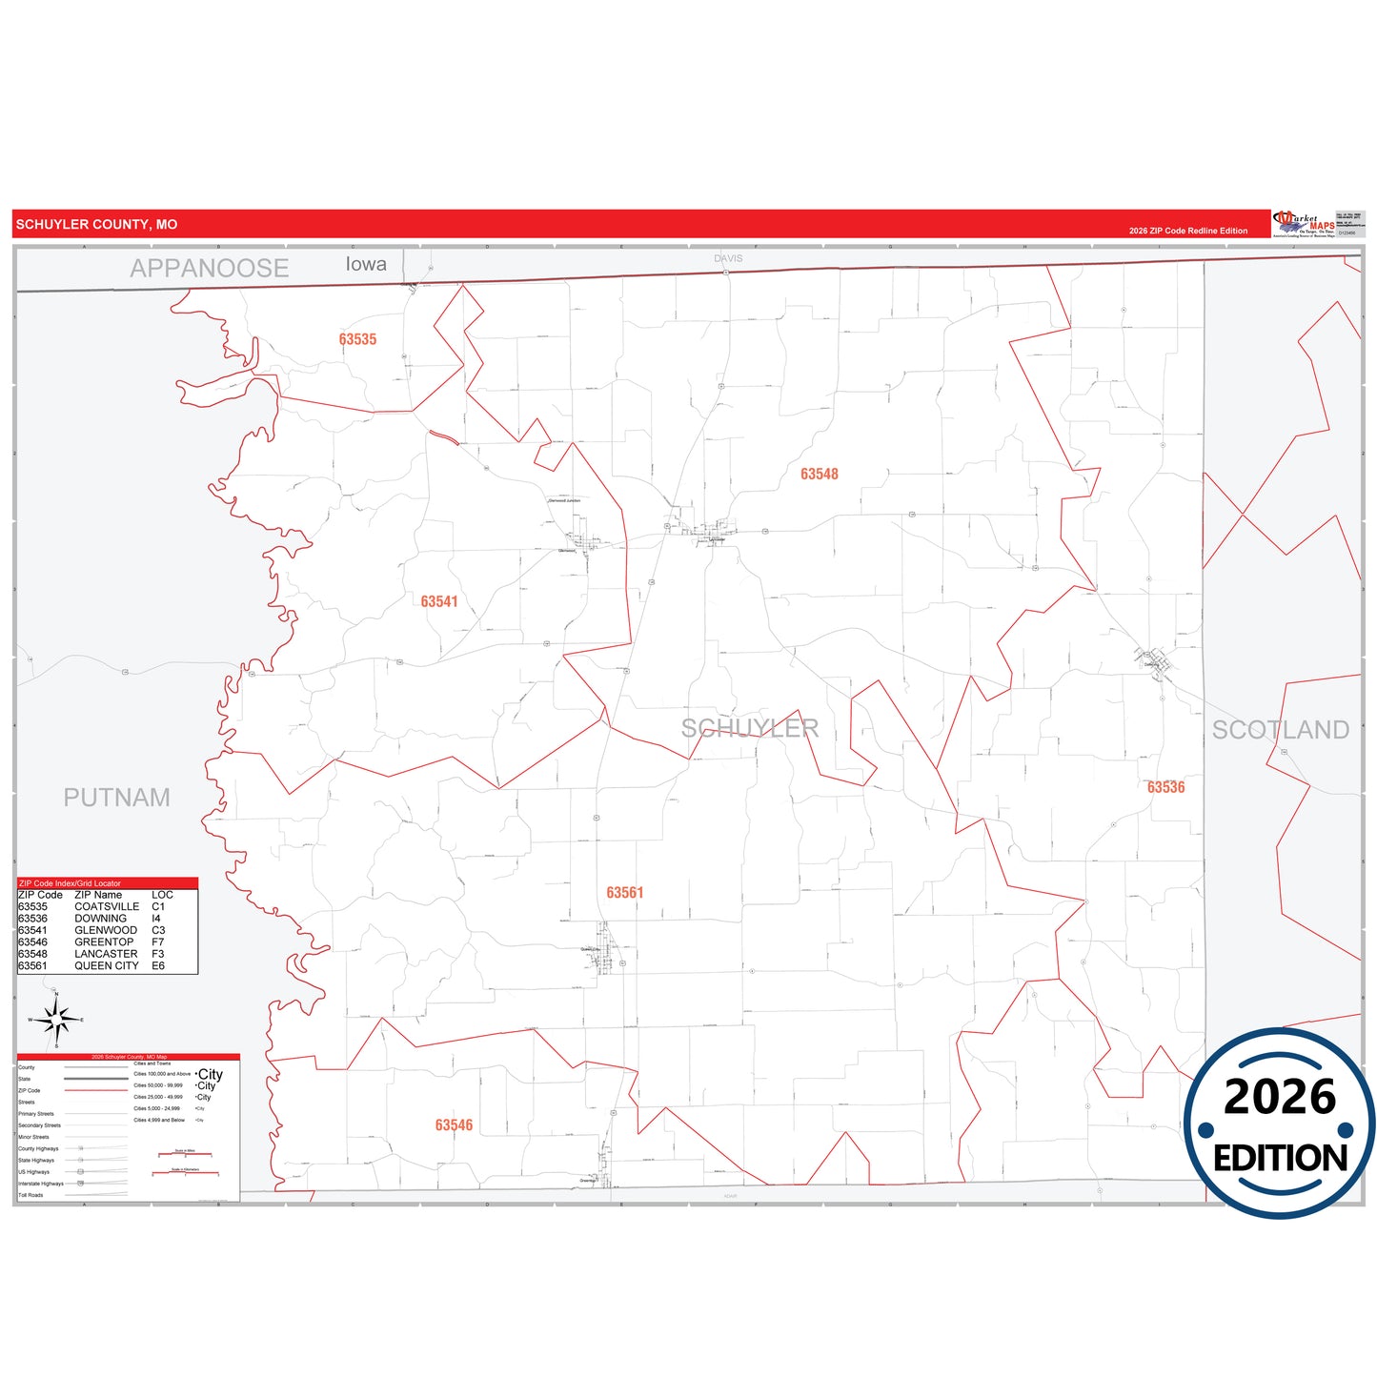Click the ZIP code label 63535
[357, 339]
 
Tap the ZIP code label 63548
[819, 474]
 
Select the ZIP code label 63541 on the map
[439, 601]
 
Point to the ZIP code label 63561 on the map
[625, 892]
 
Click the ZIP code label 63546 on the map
[454, 1124]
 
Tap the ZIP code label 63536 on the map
[1165, 787]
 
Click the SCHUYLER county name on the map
[750, 728]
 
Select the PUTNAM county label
[116, 798]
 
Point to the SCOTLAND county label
[1280, 730]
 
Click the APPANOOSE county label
[209, 269]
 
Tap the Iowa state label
[366, 264]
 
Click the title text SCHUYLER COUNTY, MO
[96, 225]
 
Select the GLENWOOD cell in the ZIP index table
[106, 930]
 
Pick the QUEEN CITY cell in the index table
[107, 965]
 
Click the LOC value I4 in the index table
[156, 919]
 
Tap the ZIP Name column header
[98, 895]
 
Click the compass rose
[56, 1020]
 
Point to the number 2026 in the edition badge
[1279, 1097]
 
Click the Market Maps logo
[1304, 224]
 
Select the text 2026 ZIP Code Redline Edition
[1187, 231]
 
